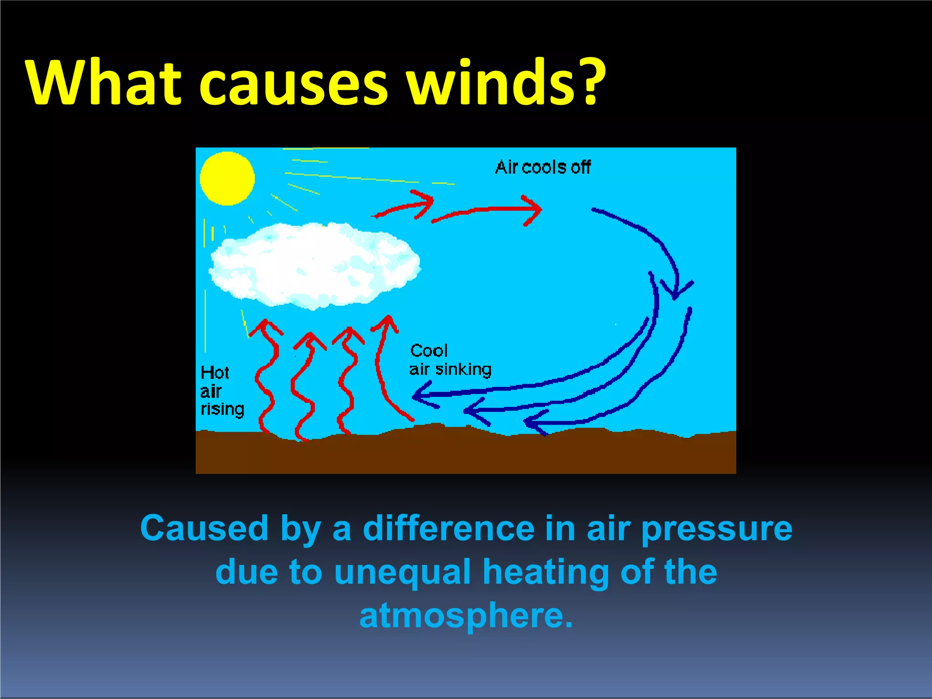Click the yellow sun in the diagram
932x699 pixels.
(x=227, y=178)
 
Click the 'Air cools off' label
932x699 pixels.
(x=542, y=167)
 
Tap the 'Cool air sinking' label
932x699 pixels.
(x=450, y=360)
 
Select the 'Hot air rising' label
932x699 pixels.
(x=222, y=391)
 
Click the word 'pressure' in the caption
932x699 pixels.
(x=717, y=529)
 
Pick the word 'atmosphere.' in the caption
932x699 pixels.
(x=466, y=615)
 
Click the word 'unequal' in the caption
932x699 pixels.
(x=402, y=572)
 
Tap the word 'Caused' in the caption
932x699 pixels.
(x=204, y=528)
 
